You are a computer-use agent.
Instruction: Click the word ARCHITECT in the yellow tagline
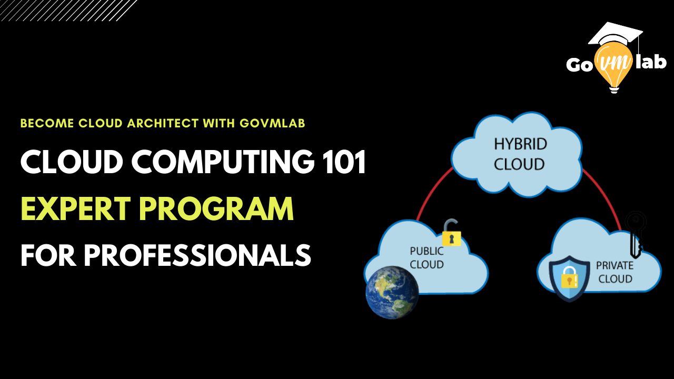[163, 123]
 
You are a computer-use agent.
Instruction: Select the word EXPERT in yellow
[75, 208]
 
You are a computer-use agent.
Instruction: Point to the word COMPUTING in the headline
[223, 162]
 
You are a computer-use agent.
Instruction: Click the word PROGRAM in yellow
[216, 208]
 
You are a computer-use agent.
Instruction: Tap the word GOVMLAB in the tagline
[272, 123]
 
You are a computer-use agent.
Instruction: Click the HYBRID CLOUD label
[520, 154]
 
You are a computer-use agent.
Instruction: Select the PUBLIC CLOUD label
[427, 258]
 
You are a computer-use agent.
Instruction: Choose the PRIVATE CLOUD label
[614, 272]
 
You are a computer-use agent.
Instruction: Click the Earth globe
[392, 292]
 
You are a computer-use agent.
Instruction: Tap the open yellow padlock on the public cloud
[452, 233]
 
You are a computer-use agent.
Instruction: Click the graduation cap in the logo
[616, 35]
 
